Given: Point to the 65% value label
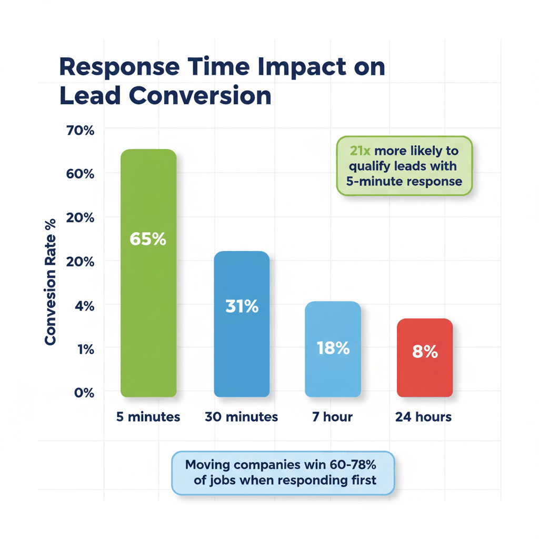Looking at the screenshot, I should tap(148, 239).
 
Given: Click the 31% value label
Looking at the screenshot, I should tap(242, 306).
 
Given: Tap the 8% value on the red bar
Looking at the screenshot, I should tap(425, 352).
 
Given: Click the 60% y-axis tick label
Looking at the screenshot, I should tap(81, 174).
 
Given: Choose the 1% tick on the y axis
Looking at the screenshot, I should tap(84, 348).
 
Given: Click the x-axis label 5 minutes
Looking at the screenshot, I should tap(148, 417).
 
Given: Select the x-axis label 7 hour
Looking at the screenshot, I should tap(333, 417).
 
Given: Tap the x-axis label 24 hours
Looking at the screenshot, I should tap(424, 417).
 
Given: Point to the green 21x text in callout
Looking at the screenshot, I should tap(361, 151).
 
